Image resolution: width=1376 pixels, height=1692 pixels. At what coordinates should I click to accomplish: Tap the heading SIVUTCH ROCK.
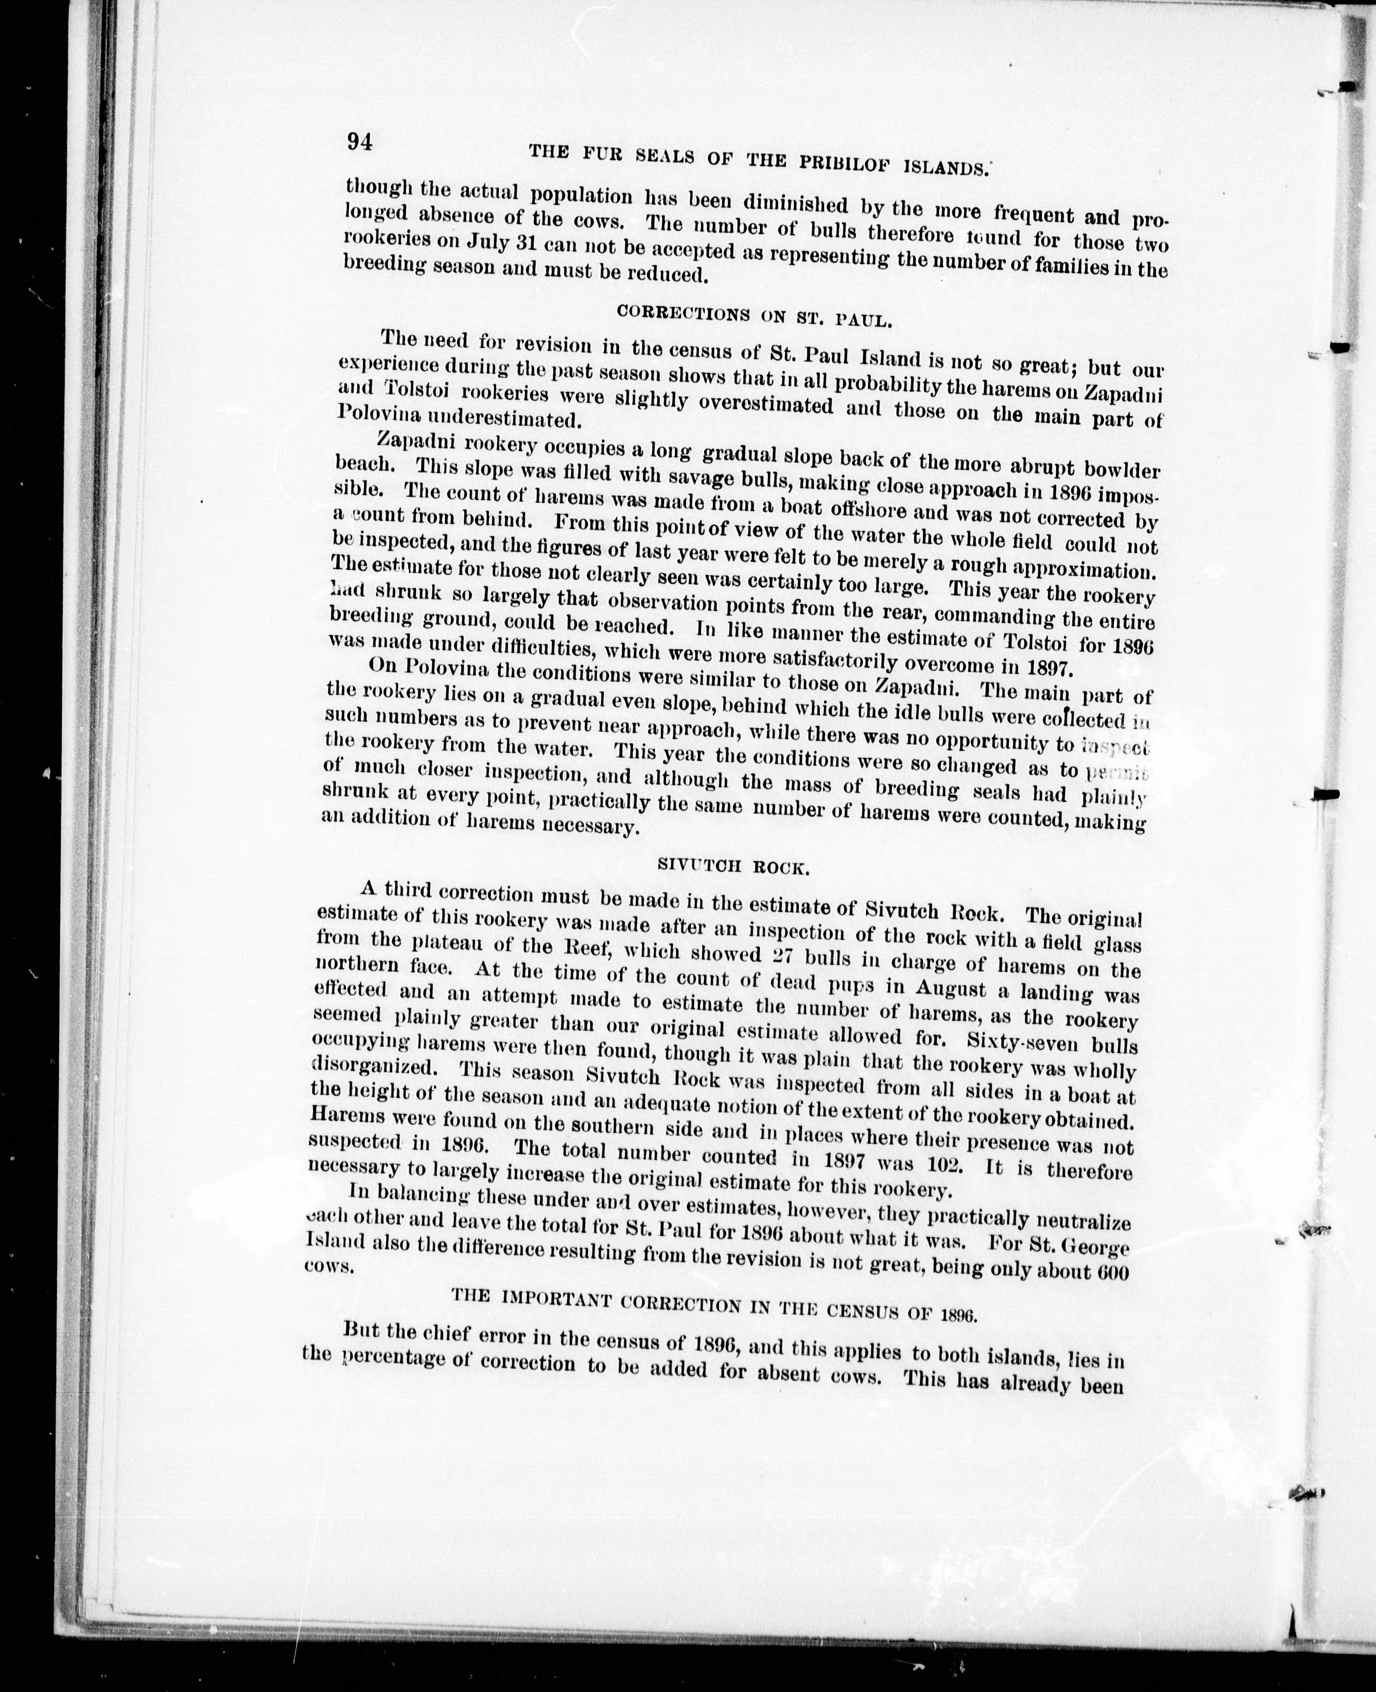[x=733, y=867]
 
